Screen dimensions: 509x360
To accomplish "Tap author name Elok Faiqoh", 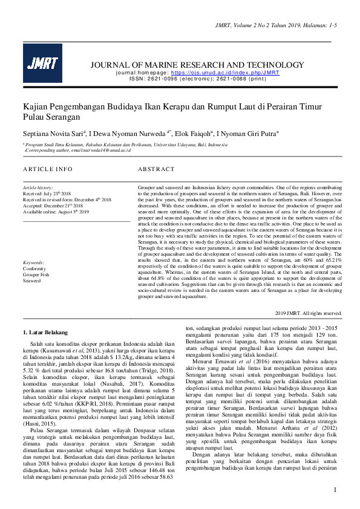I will point(194,132).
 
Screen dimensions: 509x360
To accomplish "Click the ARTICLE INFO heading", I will point(47,169).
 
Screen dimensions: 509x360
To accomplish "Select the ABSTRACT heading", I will point(156,169).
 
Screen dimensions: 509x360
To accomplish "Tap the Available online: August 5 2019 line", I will point(56,212).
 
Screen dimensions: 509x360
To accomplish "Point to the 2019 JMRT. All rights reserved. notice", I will point(308,313).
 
